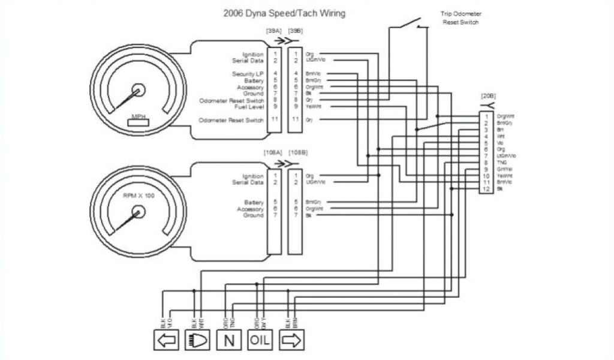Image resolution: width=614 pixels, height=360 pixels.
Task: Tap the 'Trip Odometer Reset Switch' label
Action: coord(461,19)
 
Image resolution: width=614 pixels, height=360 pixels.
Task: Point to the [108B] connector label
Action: coord(298,153)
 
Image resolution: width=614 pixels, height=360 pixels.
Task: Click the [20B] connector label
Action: coord(488,97)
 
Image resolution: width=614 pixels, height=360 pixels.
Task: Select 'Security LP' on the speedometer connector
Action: coord(248,74)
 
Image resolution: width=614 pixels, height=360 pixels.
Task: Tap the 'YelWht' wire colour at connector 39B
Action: coord(314,106)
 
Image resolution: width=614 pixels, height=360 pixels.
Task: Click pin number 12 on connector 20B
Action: coord(487,190)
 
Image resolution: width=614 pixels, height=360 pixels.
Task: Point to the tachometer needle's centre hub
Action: coord(139,212)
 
